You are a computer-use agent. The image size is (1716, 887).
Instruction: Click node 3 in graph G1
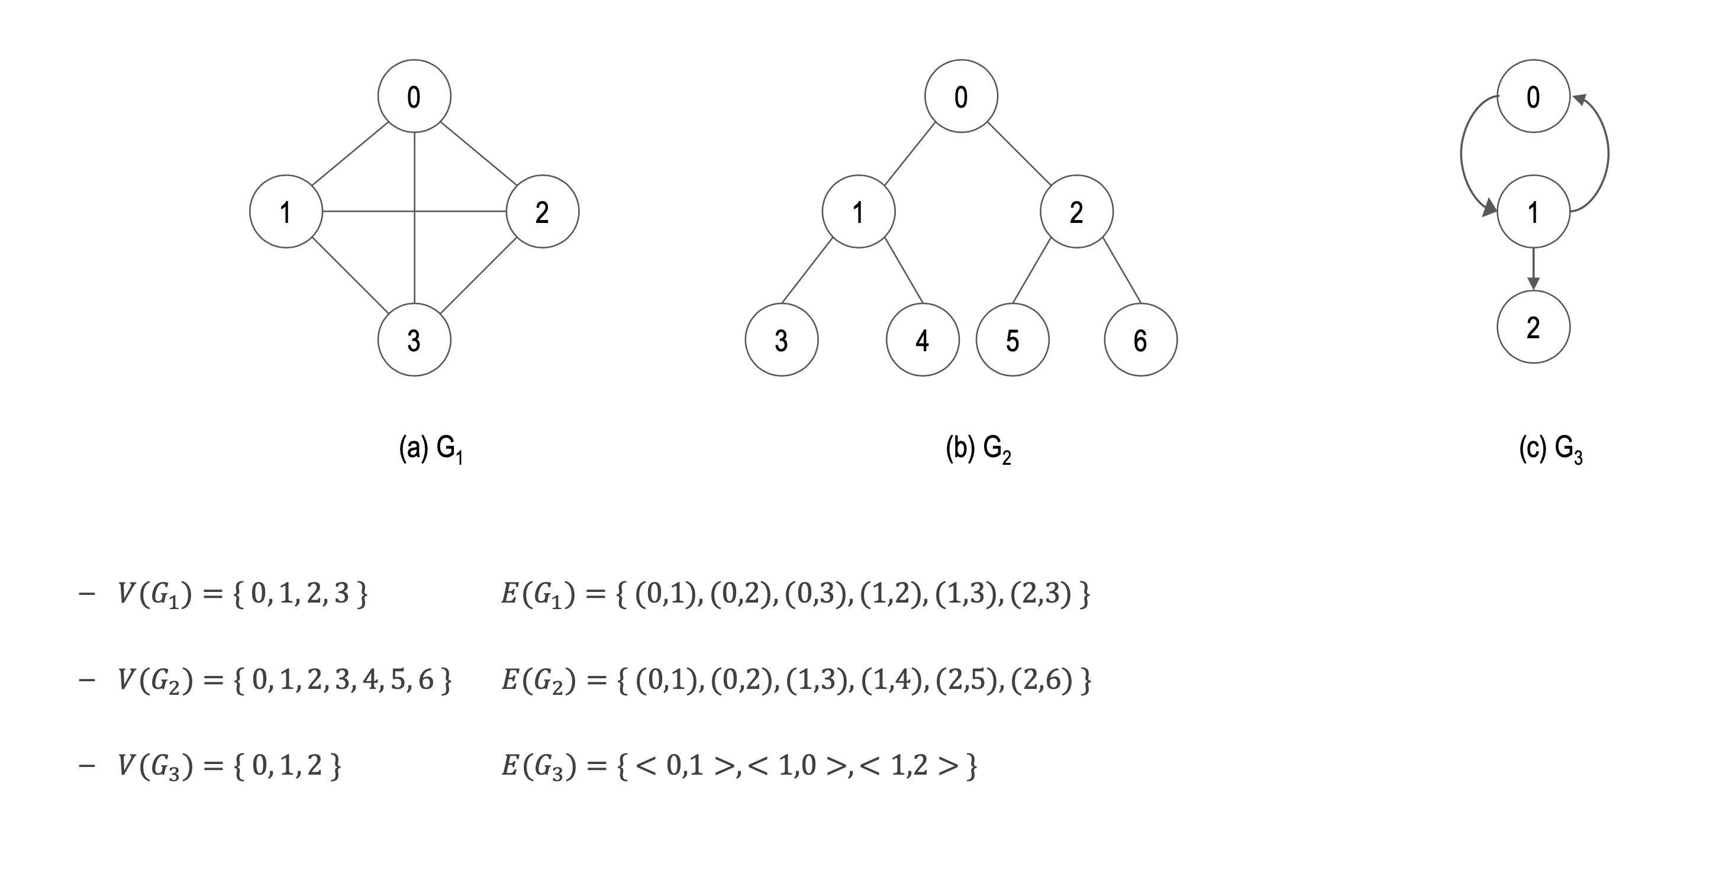pos(414,339)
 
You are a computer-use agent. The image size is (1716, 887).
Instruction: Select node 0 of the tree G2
pos(960,96)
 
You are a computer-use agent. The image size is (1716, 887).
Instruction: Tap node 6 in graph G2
pos(1140,339)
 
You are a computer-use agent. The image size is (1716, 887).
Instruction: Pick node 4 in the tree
pos(922,339)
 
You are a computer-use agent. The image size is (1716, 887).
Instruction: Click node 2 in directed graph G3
pos(1533,327)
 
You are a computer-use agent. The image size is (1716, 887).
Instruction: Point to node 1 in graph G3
pos(1533,212)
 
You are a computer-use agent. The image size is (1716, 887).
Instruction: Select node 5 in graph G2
pos(1012,339)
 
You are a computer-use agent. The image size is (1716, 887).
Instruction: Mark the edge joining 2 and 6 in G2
pos(1122,270)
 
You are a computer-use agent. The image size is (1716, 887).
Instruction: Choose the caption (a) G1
pos(430,449)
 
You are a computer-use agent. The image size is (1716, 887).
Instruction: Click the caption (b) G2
pos(978,449)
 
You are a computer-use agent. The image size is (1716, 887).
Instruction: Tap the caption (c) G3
pos(1550,449)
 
